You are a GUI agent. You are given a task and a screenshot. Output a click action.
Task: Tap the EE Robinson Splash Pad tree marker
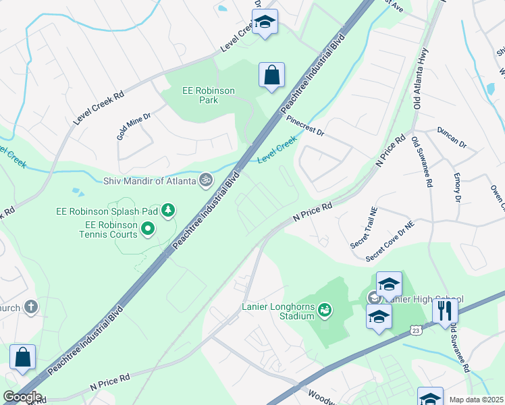pos(168,211)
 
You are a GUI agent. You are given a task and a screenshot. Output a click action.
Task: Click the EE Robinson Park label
pos(209,95)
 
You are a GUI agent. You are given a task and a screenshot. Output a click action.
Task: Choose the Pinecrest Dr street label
pos(305,125)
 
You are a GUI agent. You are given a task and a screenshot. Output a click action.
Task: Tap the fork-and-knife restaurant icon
pos(444,310)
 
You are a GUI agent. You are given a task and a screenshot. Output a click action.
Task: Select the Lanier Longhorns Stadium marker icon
pos(325,309)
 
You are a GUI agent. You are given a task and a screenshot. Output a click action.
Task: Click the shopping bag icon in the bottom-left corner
pos(22,358)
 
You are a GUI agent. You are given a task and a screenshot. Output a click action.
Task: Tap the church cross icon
pos(30,307)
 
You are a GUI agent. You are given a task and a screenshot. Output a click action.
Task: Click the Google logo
pos(22,397)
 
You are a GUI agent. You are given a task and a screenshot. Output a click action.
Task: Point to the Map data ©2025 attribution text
pos(475,400)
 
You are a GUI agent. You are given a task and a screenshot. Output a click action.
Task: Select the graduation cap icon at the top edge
pos(265,22)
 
